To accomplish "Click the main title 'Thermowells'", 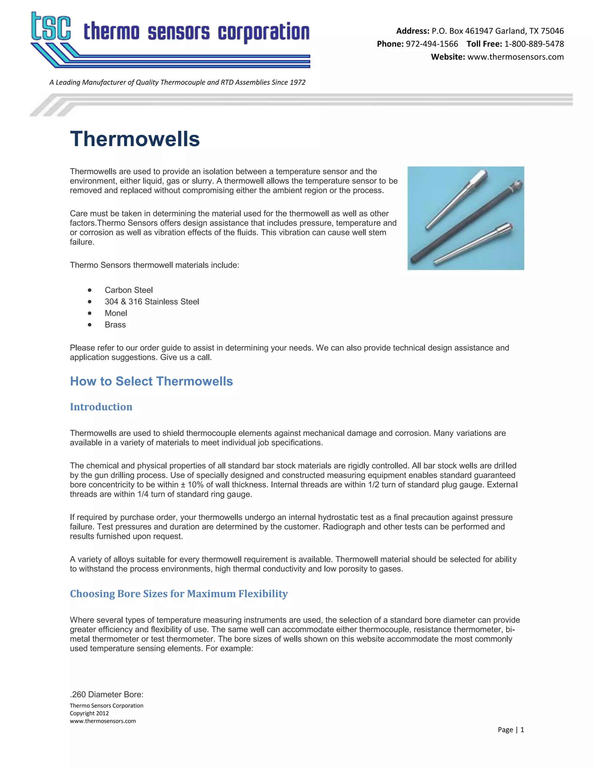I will click(x=135, y=139).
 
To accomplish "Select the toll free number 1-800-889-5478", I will click(x=534, y=44).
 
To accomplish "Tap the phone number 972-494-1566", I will click(x=432, y=44).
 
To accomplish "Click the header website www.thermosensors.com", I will click(x=515, y=57).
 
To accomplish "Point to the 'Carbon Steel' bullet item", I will click(x=128, y=290).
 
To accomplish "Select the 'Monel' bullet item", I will click(x=116, y=313).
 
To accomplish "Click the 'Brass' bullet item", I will click(x=115, y=325).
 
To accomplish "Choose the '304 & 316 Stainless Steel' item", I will click(x=152, y=302).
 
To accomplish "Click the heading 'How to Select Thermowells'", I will click(x=151, y=381).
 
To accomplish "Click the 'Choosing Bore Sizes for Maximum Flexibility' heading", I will click(x=179, y=594).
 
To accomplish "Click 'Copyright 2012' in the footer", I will click(x=89, y=713).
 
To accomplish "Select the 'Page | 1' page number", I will click(x=510, y=730).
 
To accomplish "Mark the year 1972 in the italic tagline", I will click(x=297, y=82).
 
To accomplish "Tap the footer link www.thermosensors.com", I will click(x=103, y=721).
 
